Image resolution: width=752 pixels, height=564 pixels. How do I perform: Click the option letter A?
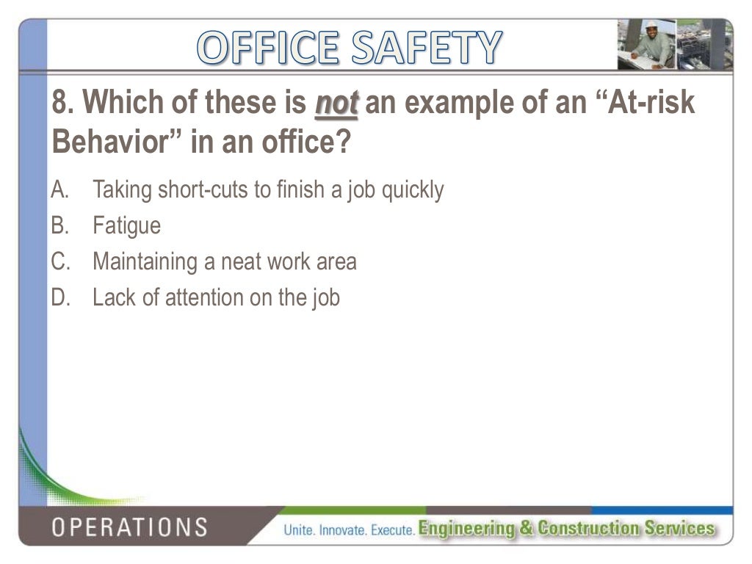click(59, 190)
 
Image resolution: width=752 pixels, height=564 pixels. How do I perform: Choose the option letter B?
click(59, 225)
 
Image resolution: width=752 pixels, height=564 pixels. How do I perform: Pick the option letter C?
click(59, 261)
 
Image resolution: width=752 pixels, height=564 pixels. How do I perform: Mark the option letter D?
click(59, 297)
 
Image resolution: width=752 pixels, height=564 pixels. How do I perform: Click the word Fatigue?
click(126, 226)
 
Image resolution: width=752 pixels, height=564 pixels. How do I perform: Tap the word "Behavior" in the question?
click(117, 142)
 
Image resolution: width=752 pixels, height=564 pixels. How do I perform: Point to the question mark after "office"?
click(343, 142)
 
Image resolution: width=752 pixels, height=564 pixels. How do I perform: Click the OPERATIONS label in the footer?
click(129, 527)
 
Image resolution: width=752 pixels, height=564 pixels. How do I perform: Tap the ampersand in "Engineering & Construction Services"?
click(526, 528)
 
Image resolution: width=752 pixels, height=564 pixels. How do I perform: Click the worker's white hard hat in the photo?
click(651, 26)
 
